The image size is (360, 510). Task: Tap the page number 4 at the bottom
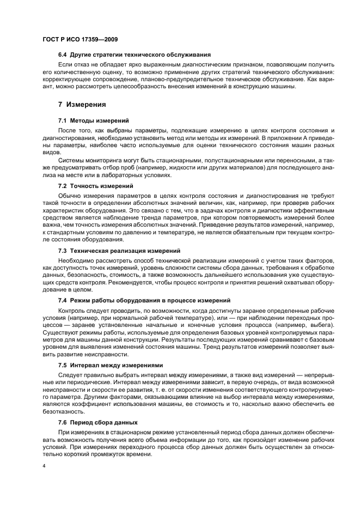45,466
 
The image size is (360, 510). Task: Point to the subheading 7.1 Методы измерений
93,120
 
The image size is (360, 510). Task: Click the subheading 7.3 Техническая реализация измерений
119,251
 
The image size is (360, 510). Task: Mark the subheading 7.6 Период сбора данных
98,422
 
